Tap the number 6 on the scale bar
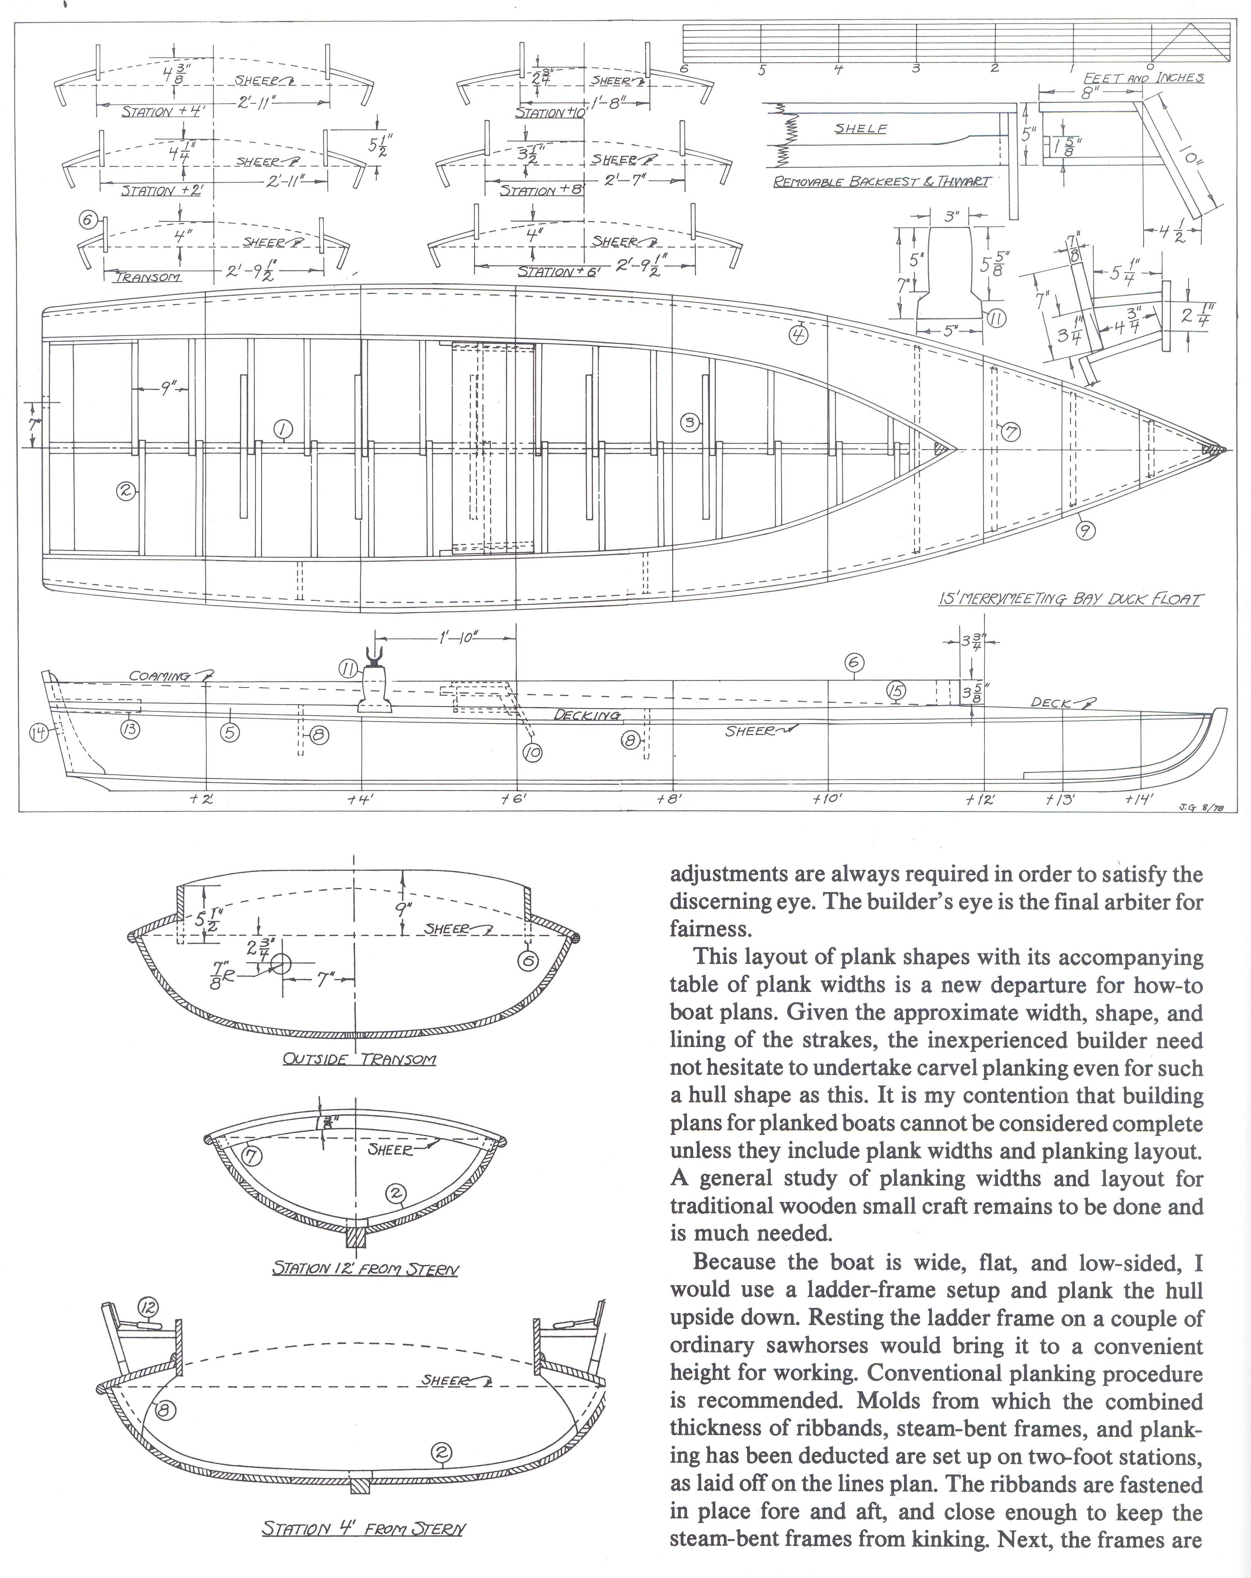[x=684, y=69]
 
